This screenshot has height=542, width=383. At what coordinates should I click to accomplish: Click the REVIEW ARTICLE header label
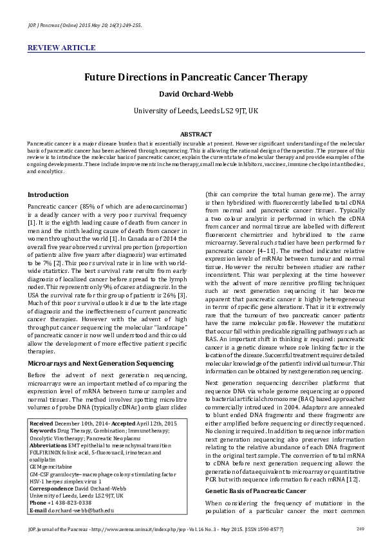coord(61,48)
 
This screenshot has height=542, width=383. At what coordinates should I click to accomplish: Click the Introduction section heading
coord(48,194)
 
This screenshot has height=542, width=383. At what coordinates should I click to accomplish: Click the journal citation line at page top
coord(84,25)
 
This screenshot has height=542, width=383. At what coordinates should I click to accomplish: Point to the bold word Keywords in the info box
coord(43,430)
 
